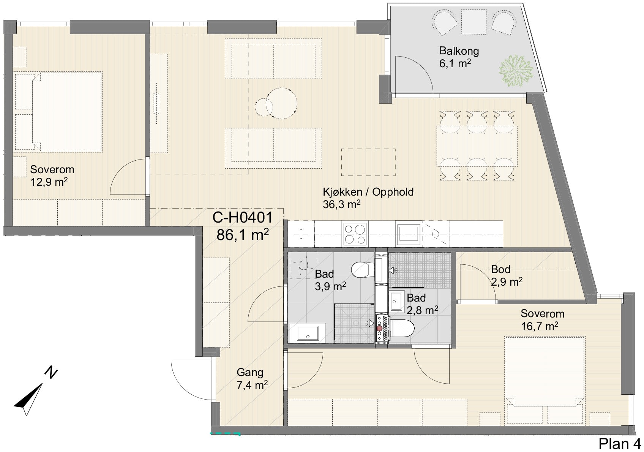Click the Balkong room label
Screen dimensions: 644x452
(x=459, y=51)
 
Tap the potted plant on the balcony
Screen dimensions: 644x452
(x=516, y=70)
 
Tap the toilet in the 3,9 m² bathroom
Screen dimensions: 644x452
(x=363, y=270)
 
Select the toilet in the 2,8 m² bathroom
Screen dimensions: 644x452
(x=401, y=328)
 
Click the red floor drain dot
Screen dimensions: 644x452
(x=379, y=328)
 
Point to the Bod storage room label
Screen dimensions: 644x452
(x=500, y=269)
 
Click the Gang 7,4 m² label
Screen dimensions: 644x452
(x=252, y=379)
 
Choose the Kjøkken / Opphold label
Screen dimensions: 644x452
(x=368, y=192)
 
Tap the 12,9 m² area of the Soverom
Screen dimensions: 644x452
(x=49, y=182)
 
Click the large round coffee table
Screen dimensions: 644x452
(x=281, y=103)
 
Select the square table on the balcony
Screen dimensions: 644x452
(x=474, y=22)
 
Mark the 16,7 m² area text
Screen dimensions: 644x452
(x=540, y=326)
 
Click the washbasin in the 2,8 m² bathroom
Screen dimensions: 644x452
(x=396, y=301)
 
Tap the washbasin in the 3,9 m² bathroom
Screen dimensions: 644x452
(x=308, y=333)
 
